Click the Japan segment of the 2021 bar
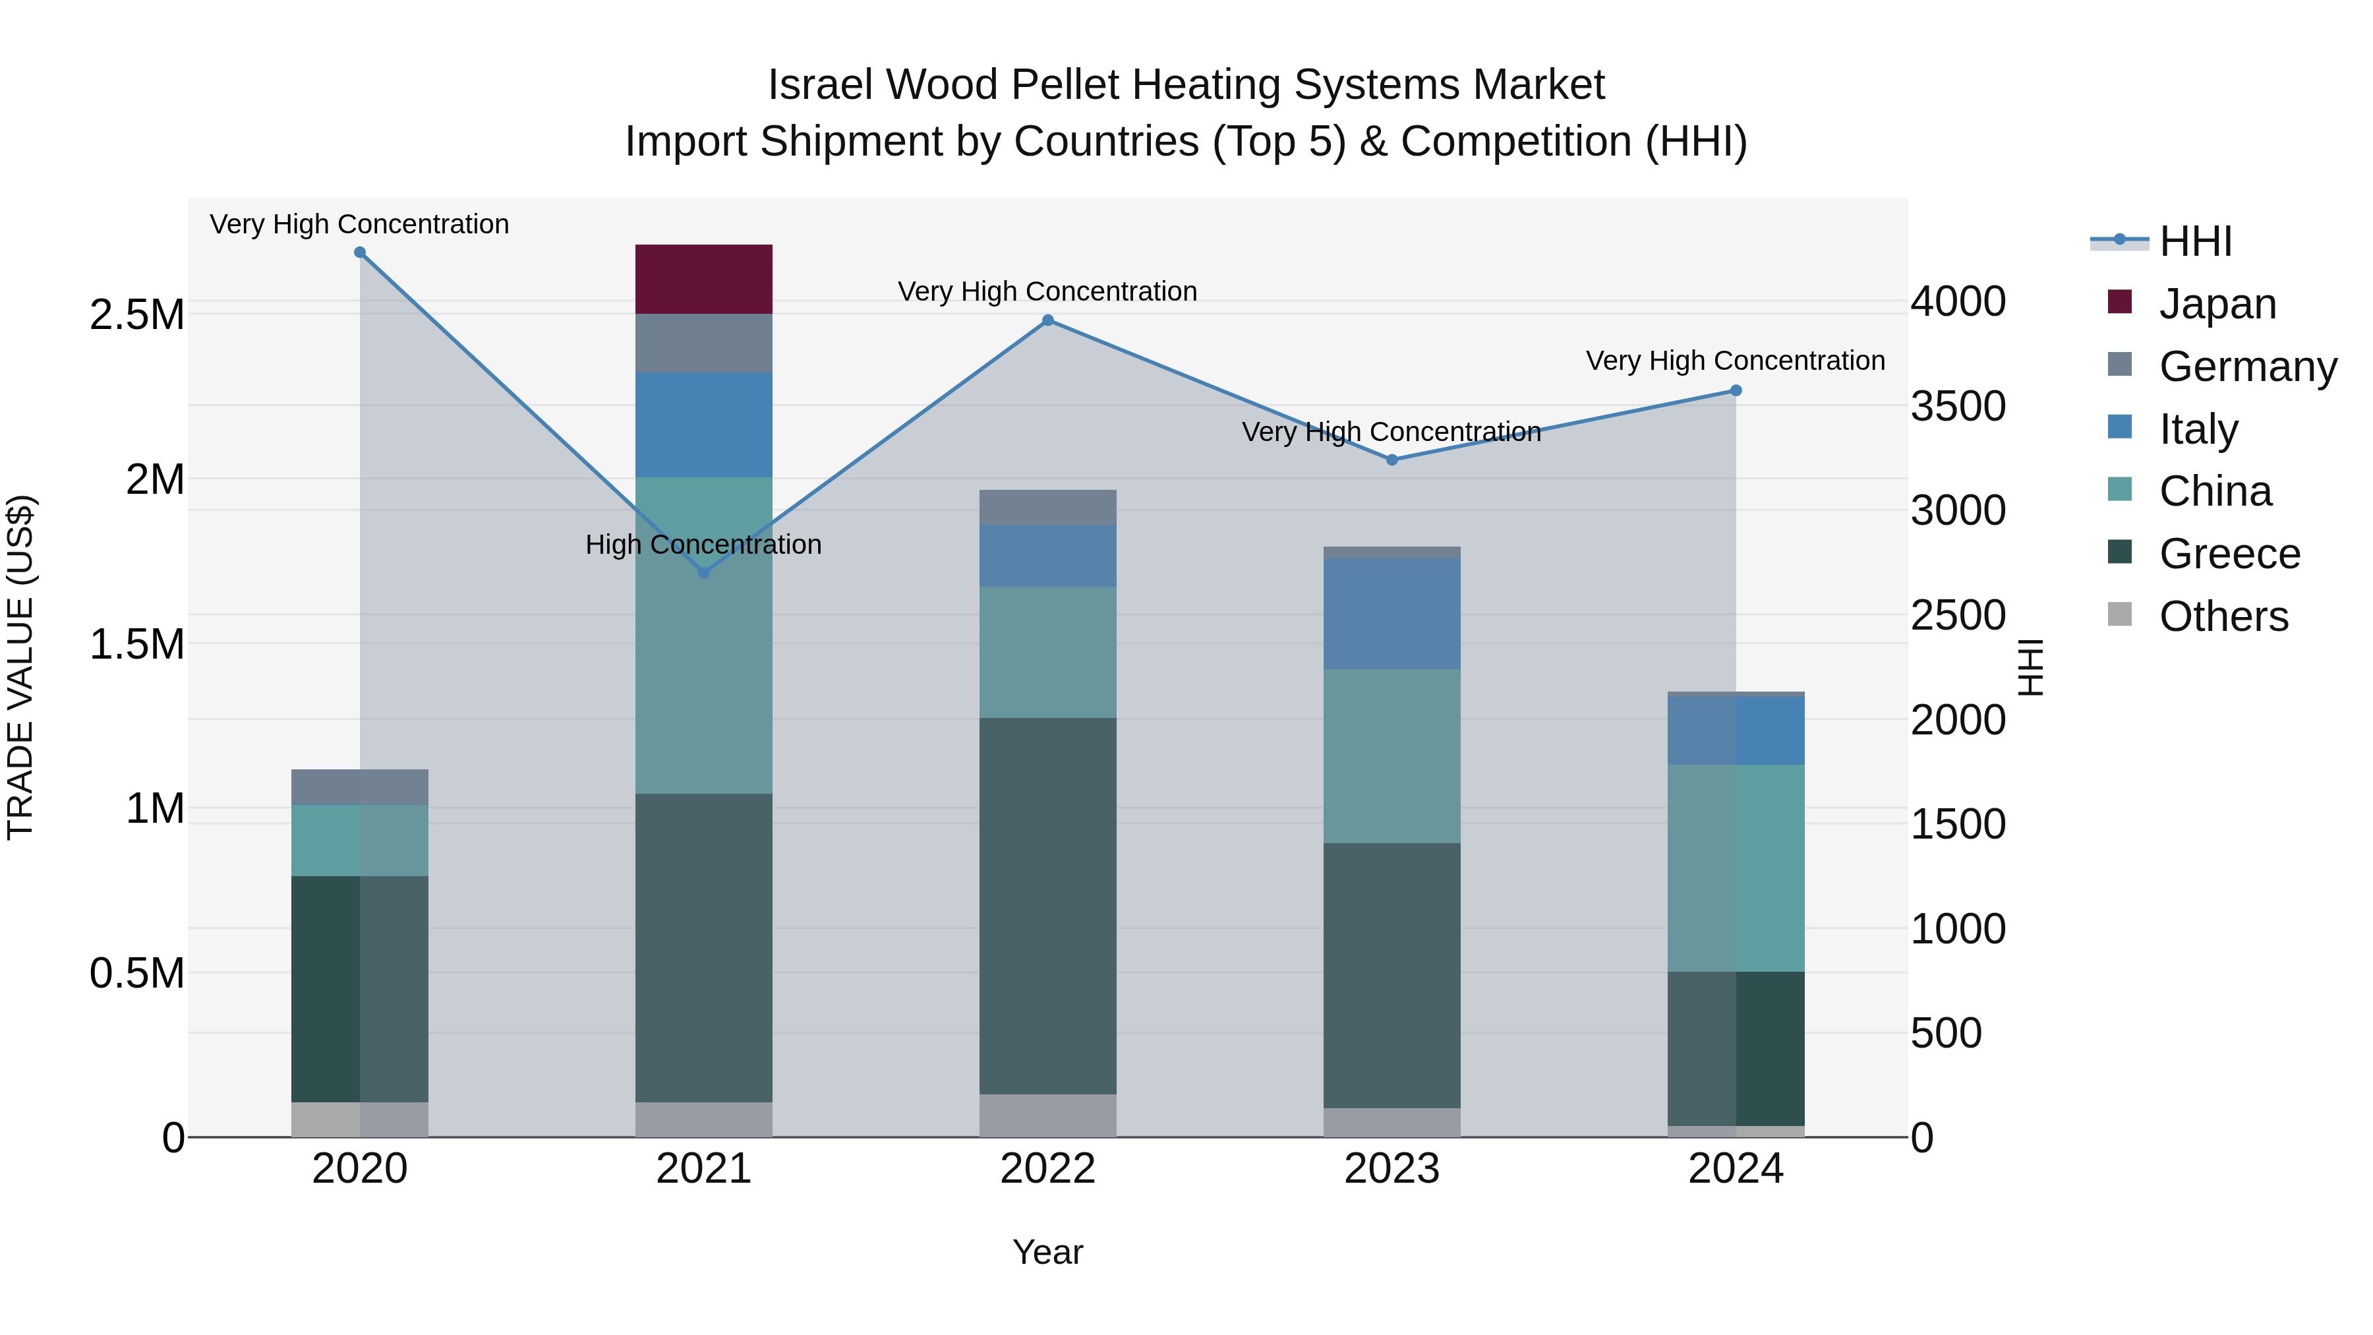704,279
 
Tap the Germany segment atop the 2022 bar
1047,508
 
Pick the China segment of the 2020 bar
359,841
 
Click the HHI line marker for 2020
360,252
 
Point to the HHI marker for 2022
1047,320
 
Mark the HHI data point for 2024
1736,391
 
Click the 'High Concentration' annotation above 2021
704,545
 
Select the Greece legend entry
2229,554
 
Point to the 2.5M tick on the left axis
136,315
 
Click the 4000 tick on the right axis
1958,301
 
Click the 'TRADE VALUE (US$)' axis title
20,667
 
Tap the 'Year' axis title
1047,1252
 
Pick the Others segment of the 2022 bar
1047,1115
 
